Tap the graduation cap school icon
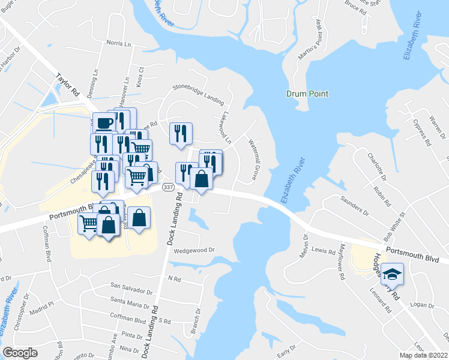(x=393, y=274)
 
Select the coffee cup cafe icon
(x=104, y=123)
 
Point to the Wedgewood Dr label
(x=194, y=250)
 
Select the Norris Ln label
(x=118, y=44)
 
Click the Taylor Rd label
(x=68, y=85)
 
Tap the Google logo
(x=19, y=353)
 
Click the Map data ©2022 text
(x=423, y=355)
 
